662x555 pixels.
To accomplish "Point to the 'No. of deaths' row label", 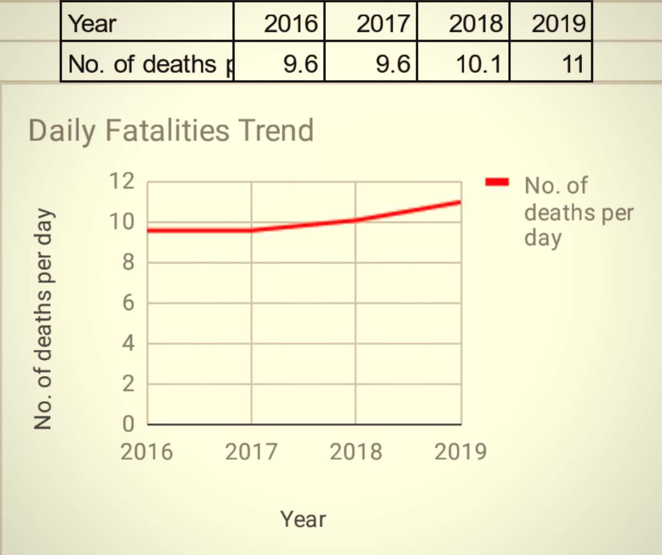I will tap(147, 64).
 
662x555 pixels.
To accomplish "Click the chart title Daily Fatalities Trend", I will tap(170, 131).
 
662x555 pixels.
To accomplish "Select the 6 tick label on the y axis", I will tap(127, 303).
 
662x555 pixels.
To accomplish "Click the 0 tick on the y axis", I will tap(127, 425).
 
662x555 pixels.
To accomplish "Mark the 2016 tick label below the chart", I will tap(147, 452).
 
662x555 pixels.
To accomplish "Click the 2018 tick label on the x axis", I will tap(356, 452).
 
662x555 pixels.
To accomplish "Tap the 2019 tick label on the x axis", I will tap(460, 452).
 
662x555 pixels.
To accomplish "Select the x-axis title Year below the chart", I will tap(303, 519).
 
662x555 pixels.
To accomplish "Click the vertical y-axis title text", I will tap(44, 318).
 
